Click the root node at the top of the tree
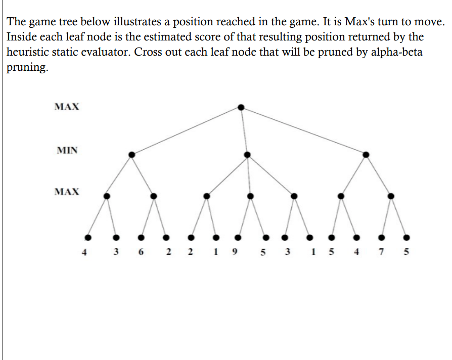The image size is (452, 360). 241,107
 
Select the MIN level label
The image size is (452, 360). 67,150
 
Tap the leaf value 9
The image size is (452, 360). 234,252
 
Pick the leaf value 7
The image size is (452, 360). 382,252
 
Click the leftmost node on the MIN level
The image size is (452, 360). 132,154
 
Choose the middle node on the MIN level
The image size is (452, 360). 247,154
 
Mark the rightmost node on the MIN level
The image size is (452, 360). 366,154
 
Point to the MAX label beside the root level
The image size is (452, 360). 67,107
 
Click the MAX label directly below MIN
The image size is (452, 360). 67,192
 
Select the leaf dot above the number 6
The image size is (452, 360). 141,236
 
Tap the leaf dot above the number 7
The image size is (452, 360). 382,236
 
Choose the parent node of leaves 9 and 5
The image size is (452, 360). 250,195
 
